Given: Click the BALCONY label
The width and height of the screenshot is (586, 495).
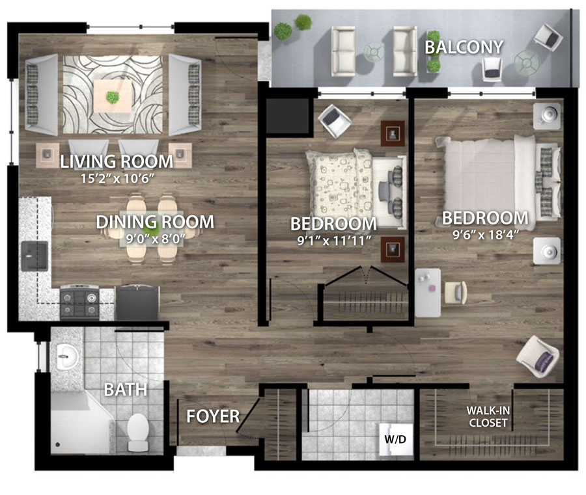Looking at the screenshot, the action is pos(464,47).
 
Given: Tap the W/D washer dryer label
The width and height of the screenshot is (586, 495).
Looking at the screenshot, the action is pos(395,439).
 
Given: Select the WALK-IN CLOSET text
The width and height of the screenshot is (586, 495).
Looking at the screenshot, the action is pos(488,416).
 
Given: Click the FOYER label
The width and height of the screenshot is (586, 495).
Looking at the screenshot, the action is pos(213,416).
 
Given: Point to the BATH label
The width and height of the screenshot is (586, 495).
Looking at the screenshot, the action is pos(126,390).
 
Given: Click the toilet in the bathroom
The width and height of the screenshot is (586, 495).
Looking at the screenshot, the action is pos(137,432).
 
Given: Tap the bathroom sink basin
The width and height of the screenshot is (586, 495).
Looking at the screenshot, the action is pos(67,356).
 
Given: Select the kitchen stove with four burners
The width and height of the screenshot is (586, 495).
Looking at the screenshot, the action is pos(79,302).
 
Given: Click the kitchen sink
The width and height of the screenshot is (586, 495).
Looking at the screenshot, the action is pos(35,256).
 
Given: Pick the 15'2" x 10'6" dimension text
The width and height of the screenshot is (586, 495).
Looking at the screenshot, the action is pos(118,178).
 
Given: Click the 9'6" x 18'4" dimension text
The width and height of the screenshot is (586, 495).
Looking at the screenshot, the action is pos(486,235).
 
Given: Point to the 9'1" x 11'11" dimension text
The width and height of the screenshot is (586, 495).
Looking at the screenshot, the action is pos(334,241).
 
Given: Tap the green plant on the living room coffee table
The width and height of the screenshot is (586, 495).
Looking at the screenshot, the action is pos(112,98).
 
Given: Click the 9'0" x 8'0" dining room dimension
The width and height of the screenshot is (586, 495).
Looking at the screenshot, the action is pos(155,239).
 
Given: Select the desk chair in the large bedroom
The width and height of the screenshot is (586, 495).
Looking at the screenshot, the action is pos(456,292).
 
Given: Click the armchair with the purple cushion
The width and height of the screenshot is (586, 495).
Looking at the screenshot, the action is pos(537,357).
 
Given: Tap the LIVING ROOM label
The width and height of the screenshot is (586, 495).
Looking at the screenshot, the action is pos(117,161).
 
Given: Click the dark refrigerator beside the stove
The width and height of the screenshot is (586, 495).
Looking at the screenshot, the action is pos(137,302).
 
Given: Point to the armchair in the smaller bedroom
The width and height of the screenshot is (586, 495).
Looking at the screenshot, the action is pos(335,120).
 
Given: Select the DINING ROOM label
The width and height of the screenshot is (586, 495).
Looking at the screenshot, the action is pos(155,222).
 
